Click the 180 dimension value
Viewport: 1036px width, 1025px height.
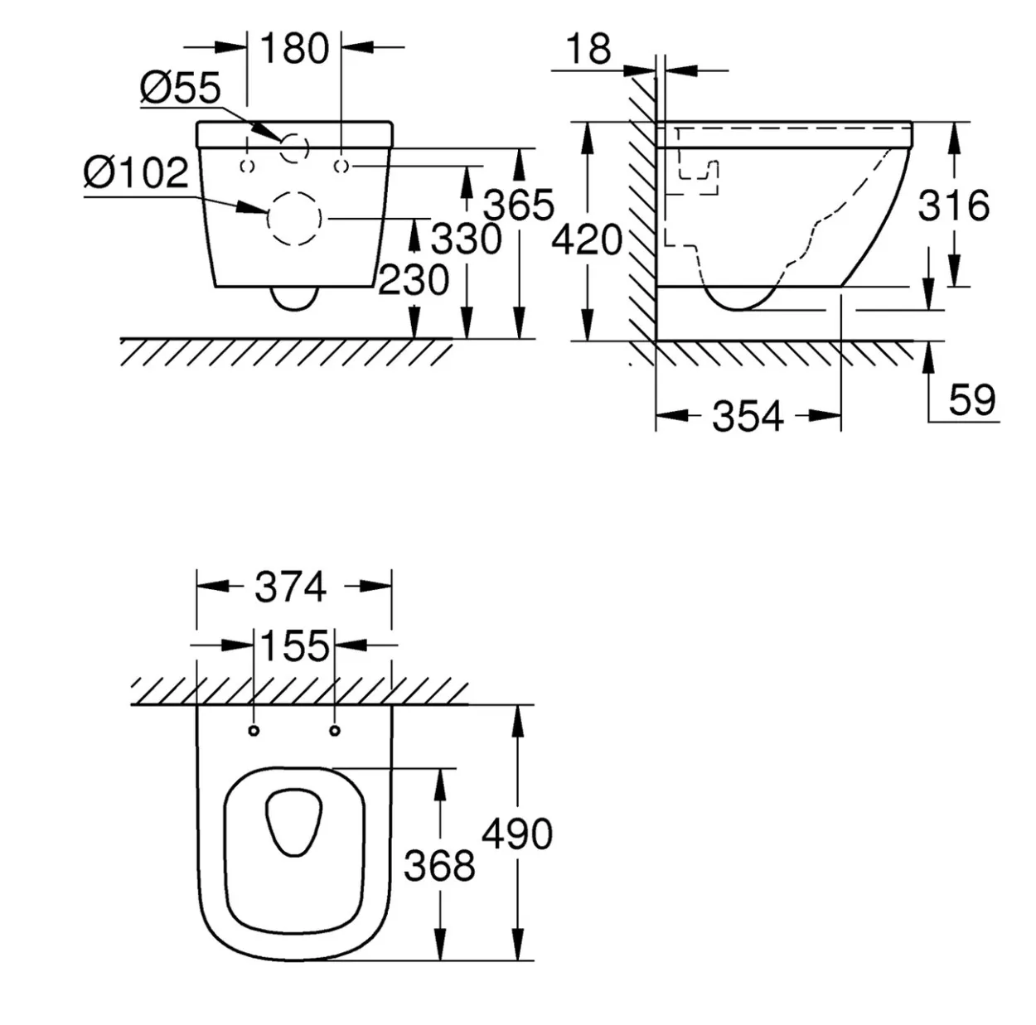(294, 48)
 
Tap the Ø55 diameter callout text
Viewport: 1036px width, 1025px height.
(181, 88)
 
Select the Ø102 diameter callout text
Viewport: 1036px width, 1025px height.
(137, 172)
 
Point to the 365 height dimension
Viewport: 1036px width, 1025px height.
(519, 205)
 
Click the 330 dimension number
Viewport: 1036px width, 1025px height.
(467, 239)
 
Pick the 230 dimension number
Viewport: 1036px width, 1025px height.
(414, 279)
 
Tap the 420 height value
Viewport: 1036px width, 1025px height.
(587, 240)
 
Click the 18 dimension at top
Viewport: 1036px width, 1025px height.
(588, 49)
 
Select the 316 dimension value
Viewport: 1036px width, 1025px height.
(954, 205)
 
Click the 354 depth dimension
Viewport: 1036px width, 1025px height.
(748, 416)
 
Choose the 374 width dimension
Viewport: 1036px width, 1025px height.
(291, 587)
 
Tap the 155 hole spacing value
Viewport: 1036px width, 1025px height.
(294, 645)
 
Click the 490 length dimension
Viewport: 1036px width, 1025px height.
(517, 834)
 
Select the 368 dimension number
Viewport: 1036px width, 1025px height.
(440, 865)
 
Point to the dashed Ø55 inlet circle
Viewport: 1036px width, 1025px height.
(294, 133)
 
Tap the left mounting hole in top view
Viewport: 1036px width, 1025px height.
(254, 731)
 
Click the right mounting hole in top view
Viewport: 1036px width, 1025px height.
(335, 731)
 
